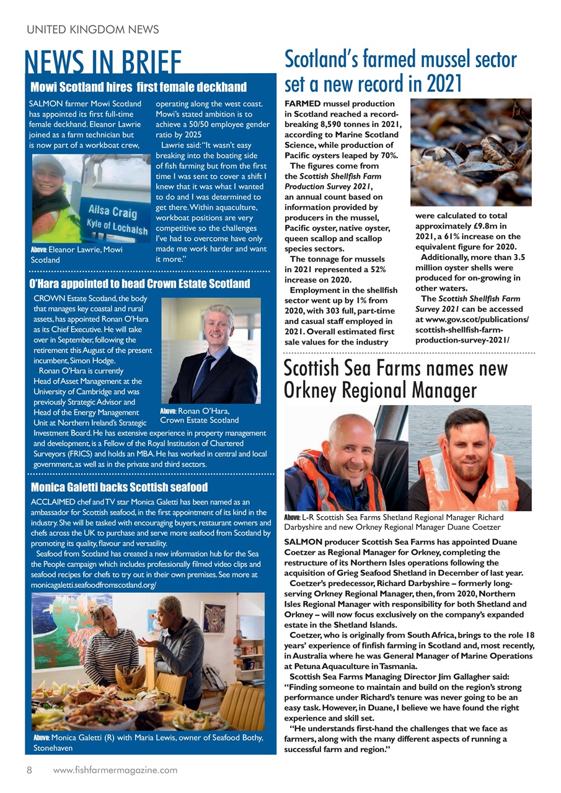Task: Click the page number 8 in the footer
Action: [29, 770]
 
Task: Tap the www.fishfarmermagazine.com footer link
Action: [115, 770]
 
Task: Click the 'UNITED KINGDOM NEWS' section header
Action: [92, 29]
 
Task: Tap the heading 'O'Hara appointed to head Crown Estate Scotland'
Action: [139, 284]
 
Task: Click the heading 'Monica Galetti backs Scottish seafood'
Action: [119, 487]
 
